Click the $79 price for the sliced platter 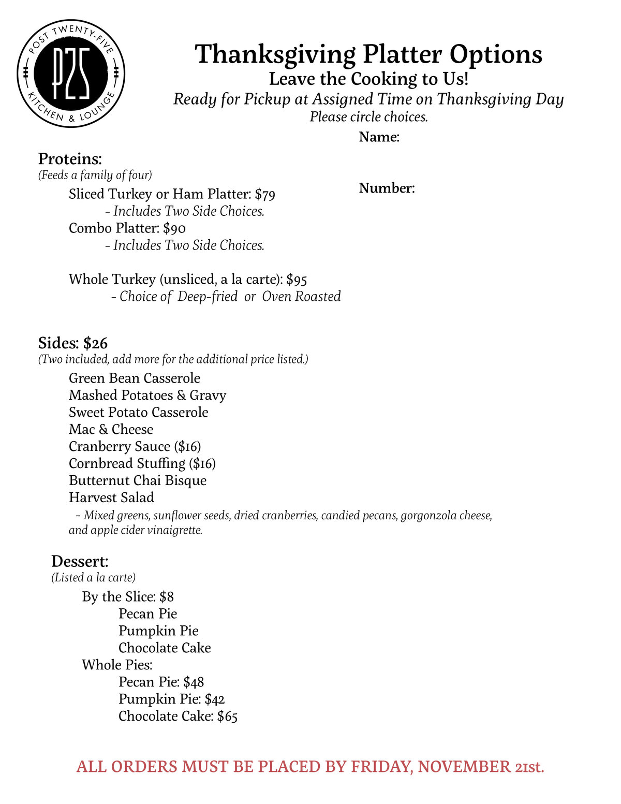click(265, 195)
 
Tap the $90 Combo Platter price click(174, 229)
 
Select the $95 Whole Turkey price click(297, 280)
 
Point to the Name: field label click(379, 137)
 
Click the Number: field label click(387, 188)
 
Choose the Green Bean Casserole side click(135, 378)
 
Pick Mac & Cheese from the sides click(111, 430)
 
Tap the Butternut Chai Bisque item click(138, 481)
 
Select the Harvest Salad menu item click(111, 498)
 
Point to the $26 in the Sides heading click(95, 343)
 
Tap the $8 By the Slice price click(167, 597)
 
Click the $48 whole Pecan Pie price click(194, 682)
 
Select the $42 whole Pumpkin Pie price click(215, 699)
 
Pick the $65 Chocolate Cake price click(227, 717)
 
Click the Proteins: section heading click(70, 159)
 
